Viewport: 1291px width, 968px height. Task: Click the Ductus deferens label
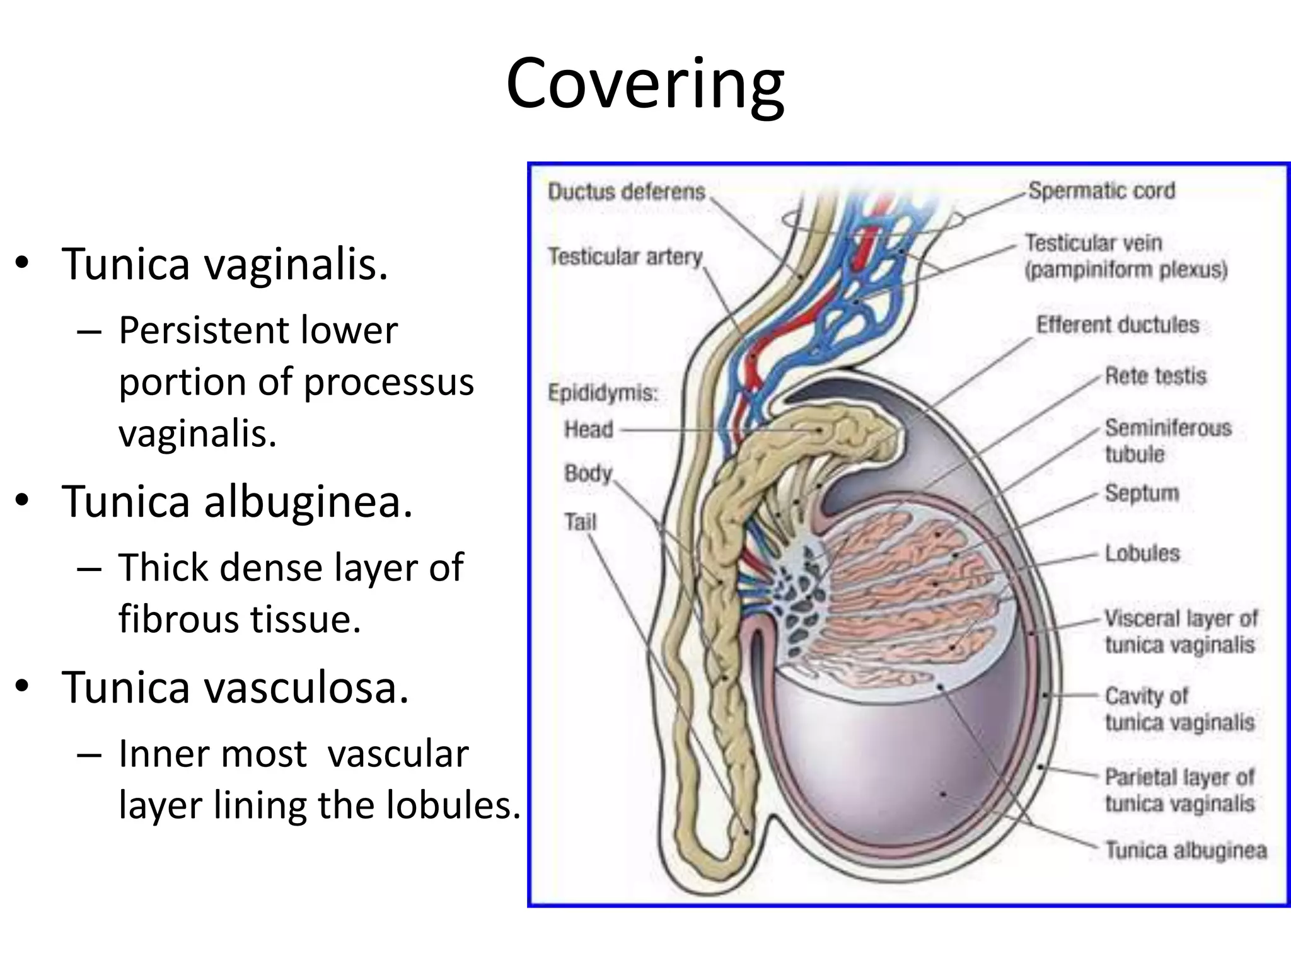(626, 192)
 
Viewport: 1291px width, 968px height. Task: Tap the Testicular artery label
(625, 256)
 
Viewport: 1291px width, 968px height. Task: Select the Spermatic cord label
(1101, 190)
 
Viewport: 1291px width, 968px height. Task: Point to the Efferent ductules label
(1117, 325)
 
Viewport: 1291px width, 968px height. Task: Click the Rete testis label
(1155, 376)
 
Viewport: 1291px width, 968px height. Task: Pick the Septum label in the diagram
(1141, 493)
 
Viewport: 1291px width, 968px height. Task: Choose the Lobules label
(1142, 553)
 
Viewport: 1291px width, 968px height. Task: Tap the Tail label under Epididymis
(580, 522)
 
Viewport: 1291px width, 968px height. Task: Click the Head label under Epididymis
(588, 429)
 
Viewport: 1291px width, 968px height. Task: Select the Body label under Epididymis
(588, 473)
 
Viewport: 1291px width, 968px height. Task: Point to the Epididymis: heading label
(603, 393)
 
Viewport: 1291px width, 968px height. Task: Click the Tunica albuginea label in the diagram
(1186, 850)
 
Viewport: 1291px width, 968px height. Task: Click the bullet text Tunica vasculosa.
(235, 687)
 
